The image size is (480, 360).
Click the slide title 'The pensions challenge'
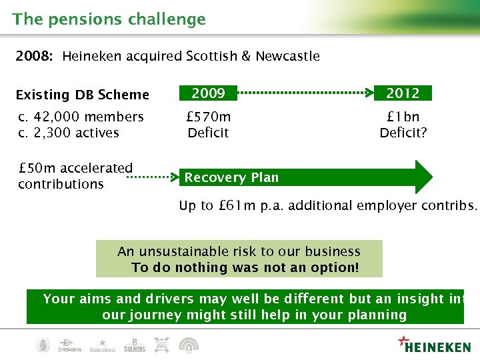pos(109,19)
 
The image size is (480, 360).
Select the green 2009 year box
pos(208,93)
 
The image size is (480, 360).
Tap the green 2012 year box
pos(403,93)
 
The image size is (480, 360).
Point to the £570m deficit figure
pos(208,117)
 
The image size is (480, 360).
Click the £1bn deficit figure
pos(403,117)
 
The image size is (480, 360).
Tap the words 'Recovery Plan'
pos(231,177)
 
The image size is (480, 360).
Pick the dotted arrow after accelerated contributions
pos(154,178)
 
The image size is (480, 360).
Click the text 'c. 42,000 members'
pos(81,117)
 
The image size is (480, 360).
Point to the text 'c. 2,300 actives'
pos(69,133)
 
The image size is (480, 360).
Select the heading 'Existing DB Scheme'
pos(82,95)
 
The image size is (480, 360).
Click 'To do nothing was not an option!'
pos(245,267)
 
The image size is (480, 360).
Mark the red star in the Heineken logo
pos(403,341)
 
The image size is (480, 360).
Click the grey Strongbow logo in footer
pos(69,345)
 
